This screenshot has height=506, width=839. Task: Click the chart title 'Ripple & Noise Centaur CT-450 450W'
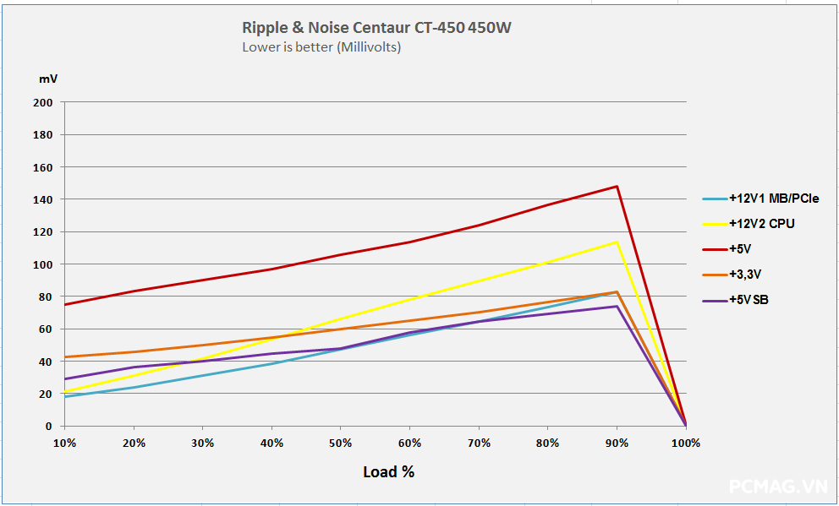376,28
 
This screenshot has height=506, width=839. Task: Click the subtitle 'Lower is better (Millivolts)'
321,47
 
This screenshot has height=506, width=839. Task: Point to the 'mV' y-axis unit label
48,79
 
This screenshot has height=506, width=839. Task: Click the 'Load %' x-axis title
388,472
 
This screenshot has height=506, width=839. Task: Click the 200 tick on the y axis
43,102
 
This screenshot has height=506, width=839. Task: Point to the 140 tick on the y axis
43,199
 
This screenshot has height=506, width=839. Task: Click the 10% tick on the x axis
64,443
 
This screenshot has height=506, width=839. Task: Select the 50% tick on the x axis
341,443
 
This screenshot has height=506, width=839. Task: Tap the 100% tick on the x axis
685,443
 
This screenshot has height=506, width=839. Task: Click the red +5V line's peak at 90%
617,186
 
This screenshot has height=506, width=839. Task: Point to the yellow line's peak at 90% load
617,242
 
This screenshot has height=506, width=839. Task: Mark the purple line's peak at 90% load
617,306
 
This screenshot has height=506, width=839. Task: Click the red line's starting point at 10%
64,305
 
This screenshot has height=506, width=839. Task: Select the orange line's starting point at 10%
64,356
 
